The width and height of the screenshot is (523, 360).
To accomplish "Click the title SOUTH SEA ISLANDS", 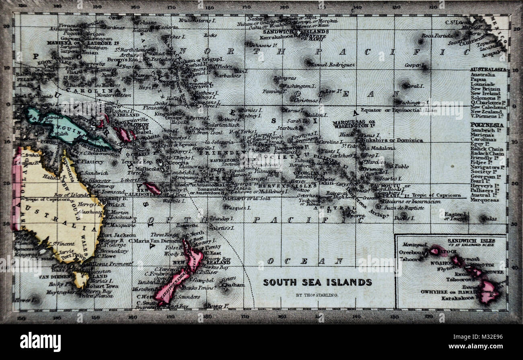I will [x=317, y=282].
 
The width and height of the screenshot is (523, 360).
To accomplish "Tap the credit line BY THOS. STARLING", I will [x=317, y=295].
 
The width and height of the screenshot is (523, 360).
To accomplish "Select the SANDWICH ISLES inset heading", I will [x=471, y=241].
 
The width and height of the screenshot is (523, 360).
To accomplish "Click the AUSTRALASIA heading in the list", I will [x=488, y=70].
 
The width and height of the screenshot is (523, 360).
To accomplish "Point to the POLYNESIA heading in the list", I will [x=487, y=125].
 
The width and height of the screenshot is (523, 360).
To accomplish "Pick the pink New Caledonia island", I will [x=152, y=188].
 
